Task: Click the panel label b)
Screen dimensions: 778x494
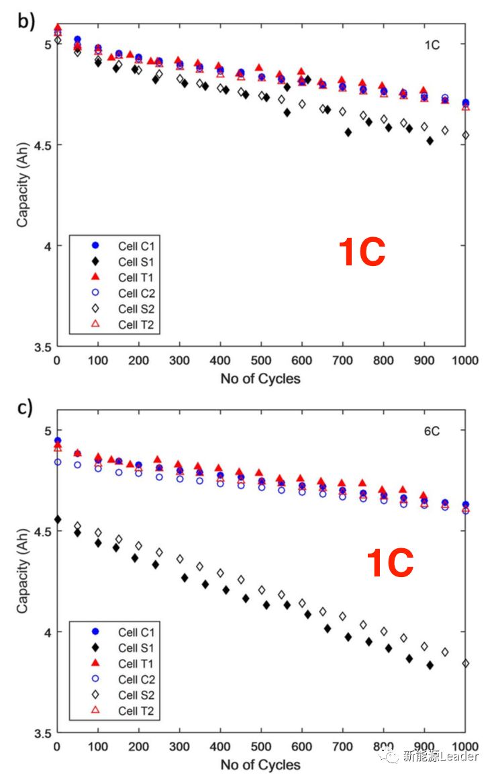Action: [x=26, y=21]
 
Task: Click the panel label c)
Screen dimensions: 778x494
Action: [x=25, y=408]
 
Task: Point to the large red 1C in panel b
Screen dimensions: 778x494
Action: [x=362, y=253]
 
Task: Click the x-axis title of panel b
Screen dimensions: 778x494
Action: [x=260, y=379]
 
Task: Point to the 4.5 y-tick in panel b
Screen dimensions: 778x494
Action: [x=40, y=145]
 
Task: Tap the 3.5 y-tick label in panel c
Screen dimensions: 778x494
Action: [x=40, y=733]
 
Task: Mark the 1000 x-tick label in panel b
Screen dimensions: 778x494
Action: [x=465, y=361]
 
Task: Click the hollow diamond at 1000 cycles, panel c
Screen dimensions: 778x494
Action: [x=466, y=663]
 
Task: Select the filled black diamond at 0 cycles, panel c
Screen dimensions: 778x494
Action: [x=58, y=519]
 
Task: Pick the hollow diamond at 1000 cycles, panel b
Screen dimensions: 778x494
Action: [x=466, y=135]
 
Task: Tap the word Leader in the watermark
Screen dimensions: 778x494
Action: [x=460, y=757]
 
